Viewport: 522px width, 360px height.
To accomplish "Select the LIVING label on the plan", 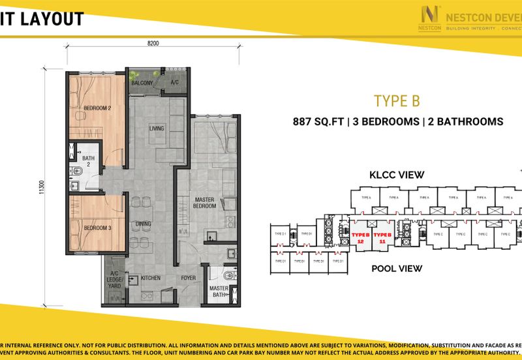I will click(x=157, y=128).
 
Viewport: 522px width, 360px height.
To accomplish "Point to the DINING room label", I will click(x=144, y=224).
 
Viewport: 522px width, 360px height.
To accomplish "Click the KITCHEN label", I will click(x=151, y=278).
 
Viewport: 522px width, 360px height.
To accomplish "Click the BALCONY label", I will click(x=142, y=83).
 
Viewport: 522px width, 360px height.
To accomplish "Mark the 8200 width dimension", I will click(x=153, y=44).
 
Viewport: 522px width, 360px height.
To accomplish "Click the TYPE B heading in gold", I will click(x=395, y=100).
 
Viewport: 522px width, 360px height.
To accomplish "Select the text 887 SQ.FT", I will click(x=318, y=121).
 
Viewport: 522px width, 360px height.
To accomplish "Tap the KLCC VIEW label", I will click(x=397, y=175).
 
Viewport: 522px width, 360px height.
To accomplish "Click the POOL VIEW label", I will click(x=397, y=268).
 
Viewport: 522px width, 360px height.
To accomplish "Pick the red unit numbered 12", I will click(x=360, y=237).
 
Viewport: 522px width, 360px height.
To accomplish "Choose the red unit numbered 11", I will click(x=382, y=237).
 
